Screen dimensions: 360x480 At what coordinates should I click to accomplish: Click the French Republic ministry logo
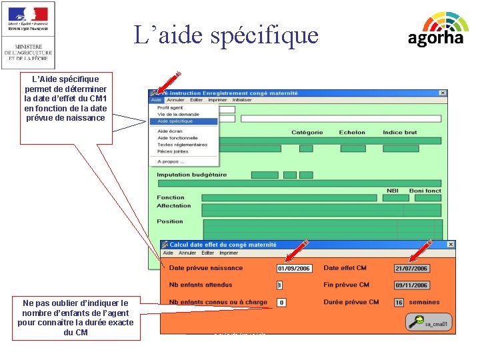[x=28, y=34]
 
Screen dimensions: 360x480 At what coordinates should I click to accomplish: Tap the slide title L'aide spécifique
[x=226, y=35]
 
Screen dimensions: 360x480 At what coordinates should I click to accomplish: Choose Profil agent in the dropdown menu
[x=170, y=107]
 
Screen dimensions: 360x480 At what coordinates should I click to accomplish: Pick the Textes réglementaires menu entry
[x=182, y=145]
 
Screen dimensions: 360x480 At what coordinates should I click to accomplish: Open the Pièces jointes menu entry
[x=173, y=151]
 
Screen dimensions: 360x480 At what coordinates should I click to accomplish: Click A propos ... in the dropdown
[x=171, y=161]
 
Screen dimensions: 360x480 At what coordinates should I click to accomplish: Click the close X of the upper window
[x=441, y=93]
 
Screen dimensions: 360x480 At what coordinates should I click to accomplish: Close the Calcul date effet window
[x=451, y=245]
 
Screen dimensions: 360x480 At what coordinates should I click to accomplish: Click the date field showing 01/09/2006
[x=294, y=269]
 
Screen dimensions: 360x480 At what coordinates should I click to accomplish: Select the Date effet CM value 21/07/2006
[x=411, y=269]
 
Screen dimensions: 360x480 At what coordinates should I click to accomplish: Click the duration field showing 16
[x=399, y=302]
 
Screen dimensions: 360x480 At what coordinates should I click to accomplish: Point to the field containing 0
[x=281, y=302]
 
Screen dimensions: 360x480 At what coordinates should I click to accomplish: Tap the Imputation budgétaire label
[x=191, y=175]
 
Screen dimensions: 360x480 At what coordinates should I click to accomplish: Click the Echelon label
[x=352, y=133]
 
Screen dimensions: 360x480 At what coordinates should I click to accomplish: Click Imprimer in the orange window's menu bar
[x=229, y=253]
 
